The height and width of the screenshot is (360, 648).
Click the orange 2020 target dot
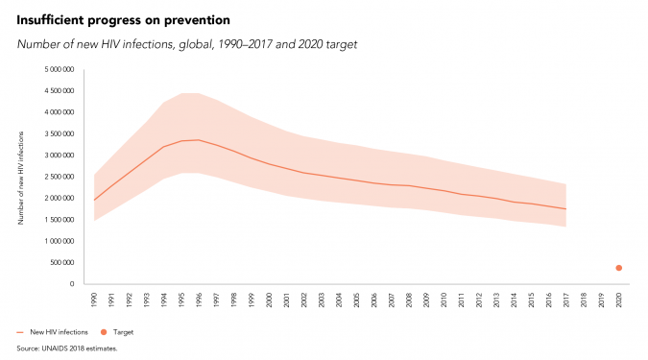click(618, 268)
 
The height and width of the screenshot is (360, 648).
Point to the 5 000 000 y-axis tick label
click(60, 69)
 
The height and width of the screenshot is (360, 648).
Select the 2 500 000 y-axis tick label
click(60, 177)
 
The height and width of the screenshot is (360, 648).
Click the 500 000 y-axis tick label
click(62, 263)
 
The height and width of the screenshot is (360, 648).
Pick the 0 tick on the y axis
click(72, 284)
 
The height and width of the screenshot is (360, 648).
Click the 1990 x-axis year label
click(94, 300)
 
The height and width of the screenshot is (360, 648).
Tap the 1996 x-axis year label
click(199, 300)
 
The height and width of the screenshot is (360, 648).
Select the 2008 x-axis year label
click(409, 300)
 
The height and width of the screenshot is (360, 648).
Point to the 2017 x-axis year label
click(566, 300)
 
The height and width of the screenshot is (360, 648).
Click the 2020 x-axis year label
click(618, 300)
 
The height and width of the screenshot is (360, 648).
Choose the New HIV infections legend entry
click(53, 332)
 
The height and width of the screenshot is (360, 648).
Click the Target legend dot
click(104, 332)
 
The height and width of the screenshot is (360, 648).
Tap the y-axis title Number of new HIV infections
click(21, 179)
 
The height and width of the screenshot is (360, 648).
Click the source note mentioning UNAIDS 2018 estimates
click(67, 348)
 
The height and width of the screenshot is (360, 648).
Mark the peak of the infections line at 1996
click(199, 140)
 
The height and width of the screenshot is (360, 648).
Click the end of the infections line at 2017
click(565, 209)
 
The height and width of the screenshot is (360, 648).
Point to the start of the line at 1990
click(94, 201)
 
